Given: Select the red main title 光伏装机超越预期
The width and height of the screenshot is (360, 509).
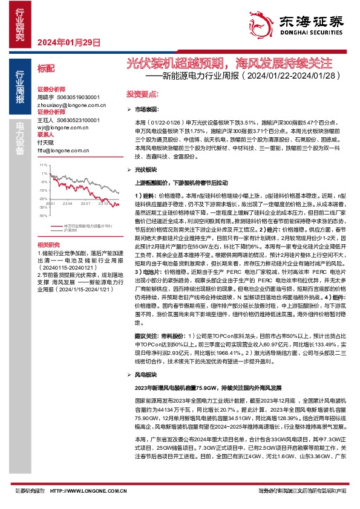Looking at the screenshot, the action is pos(175,62).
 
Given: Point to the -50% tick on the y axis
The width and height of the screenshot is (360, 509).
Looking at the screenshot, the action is pos(42,215).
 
